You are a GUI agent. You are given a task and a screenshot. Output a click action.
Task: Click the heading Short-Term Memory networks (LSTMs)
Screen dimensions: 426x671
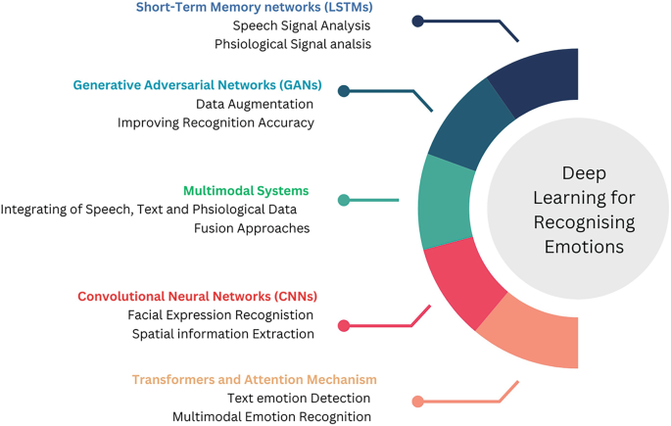coord(254,8)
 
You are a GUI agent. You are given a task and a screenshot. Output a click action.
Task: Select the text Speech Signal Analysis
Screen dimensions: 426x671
coord(302,25)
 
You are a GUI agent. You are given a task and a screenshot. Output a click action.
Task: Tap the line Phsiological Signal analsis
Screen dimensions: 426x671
coord(293,44)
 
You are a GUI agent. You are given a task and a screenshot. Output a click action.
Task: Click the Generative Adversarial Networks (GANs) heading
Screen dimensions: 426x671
coord(197,85)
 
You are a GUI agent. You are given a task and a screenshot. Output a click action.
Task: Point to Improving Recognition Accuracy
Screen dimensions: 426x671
coord(216,122)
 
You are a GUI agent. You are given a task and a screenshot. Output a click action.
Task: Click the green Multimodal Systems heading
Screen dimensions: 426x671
coord(246,191)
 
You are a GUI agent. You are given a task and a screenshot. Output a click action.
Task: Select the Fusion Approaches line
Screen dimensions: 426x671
coord(251,228)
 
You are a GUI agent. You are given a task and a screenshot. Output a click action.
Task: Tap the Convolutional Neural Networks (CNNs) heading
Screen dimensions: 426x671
coord(197,297)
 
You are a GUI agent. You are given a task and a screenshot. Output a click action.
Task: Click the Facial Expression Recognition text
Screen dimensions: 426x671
coord(220,315)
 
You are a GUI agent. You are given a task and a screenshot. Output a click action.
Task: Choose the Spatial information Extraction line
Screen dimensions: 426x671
coord(223,334)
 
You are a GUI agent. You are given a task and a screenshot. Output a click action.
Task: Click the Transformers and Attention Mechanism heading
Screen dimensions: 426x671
coord(254,380)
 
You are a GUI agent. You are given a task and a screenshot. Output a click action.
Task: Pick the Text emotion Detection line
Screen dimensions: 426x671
coord(299,399)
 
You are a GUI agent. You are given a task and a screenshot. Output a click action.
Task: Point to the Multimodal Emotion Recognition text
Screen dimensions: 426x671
coord(271,417)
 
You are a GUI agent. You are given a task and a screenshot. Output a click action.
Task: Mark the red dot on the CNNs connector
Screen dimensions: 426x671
coord(344,326)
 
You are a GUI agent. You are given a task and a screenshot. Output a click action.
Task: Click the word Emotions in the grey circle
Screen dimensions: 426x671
coord(585,247)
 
